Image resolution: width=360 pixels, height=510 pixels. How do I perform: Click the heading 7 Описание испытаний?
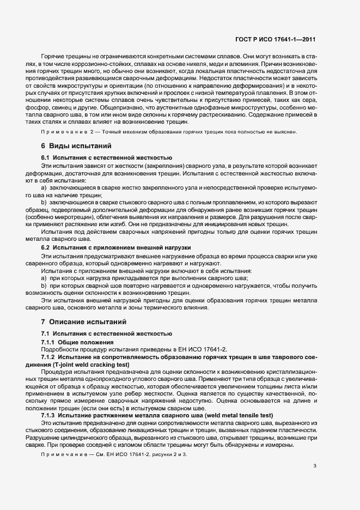coord(83,321)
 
